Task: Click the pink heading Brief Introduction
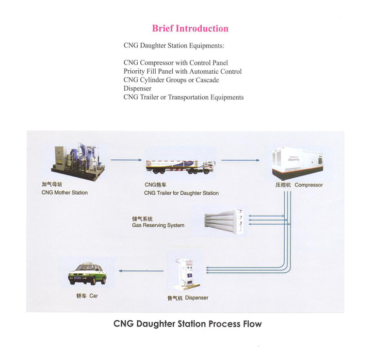click(x=190, y=28)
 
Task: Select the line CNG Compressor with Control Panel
click(x=176, y=63)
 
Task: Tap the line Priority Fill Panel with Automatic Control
click(x=182, y=71)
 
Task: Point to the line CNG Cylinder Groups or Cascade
click(x=171, y=80)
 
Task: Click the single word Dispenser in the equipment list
click(x=137, y=89)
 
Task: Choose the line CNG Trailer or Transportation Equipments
click(x=183, y=97)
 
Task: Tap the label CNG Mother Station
click(x=65, y=193)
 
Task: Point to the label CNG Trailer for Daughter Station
click(x=181, y=193)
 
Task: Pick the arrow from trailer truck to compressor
click(x=241, y=159)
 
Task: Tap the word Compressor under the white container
click(x=309, y=185)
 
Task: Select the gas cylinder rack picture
click(x=223, y=220)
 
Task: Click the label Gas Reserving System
click(x=158, y=225)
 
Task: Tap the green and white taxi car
click(x=88, y=274)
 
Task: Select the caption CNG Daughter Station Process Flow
click(x=187, y=324)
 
